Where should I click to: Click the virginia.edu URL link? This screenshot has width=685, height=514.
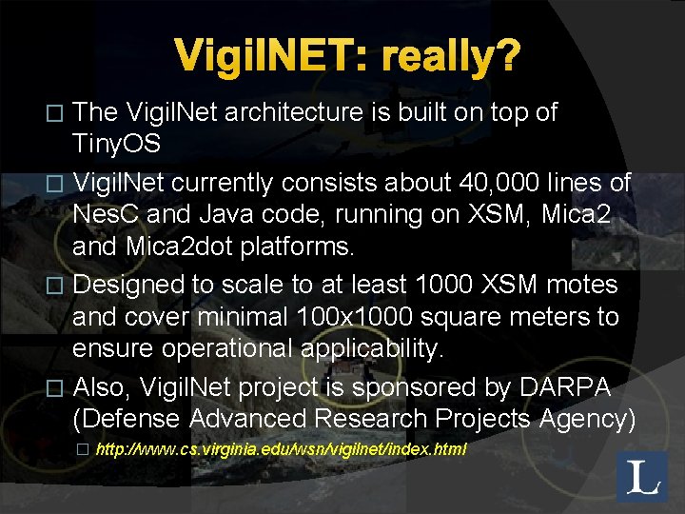[x=282, y=448]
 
